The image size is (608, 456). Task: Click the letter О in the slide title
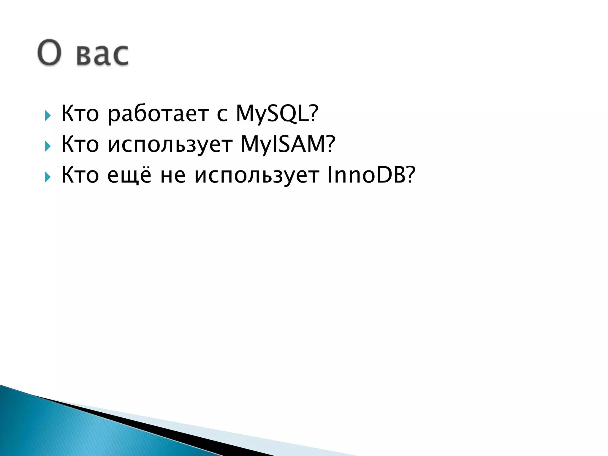[50, 52]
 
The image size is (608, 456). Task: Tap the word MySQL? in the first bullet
[277, 114]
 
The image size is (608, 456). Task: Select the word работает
[158, 114]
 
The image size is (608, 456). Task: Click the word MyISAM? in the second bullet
[288, 144]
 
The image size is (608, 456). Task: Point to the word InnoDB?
[371, 175]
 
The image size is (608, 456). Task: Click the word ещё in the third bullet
[129, 175]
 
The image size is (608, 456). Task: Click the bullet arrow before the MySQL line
[47, 115]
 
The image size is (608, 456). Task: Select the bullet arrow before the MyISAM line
[47, 146]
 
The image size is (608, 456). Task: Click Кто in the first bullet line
[80, 114]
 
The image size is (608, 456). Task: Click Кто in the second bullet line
[80, 144]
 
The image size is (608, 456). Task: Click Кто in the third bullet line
[80, 175]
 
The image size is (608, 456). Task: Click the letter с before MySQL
[222, 115]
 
